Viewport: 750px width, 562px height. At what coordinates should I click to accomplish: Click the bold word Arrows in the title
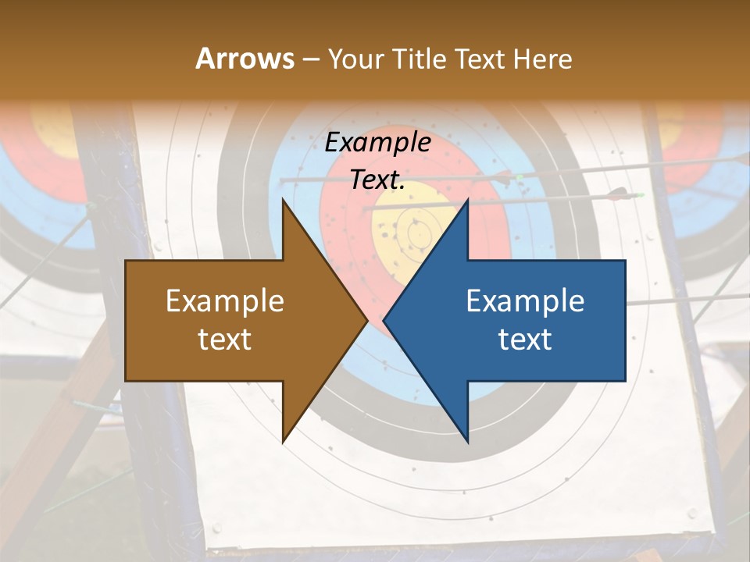coord(245,59)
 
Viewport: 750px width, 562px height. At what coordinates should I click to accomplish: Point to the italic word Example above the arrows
coord(378,142)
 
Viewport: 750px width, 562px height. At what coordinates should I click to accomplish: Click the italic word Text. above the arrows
coord(378,180)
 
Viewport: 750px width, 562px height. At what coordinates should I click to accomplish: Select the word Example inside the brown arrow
coord(225,301)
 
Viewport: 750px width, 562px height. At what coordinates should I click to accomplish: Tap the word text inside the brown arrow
coord(225,339)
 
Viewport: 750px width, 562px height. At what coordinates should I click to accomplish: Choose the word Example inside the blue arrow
coord(525,301)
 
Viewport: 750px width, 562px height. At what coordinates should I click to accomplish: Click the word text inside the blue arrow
coord(525,339)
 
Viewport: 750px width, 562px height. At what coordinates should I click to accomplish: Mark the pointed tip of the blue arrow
coord(384,320)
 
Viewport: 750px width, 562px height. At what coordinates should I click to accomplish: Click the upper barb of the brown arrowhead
coord(284,201)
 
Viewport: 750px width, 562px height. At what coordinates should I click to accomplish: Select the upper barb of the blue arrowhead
coord(466,201)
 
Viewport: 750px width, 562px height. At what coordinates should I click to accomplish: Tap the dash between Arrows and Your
coord(310,59)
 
